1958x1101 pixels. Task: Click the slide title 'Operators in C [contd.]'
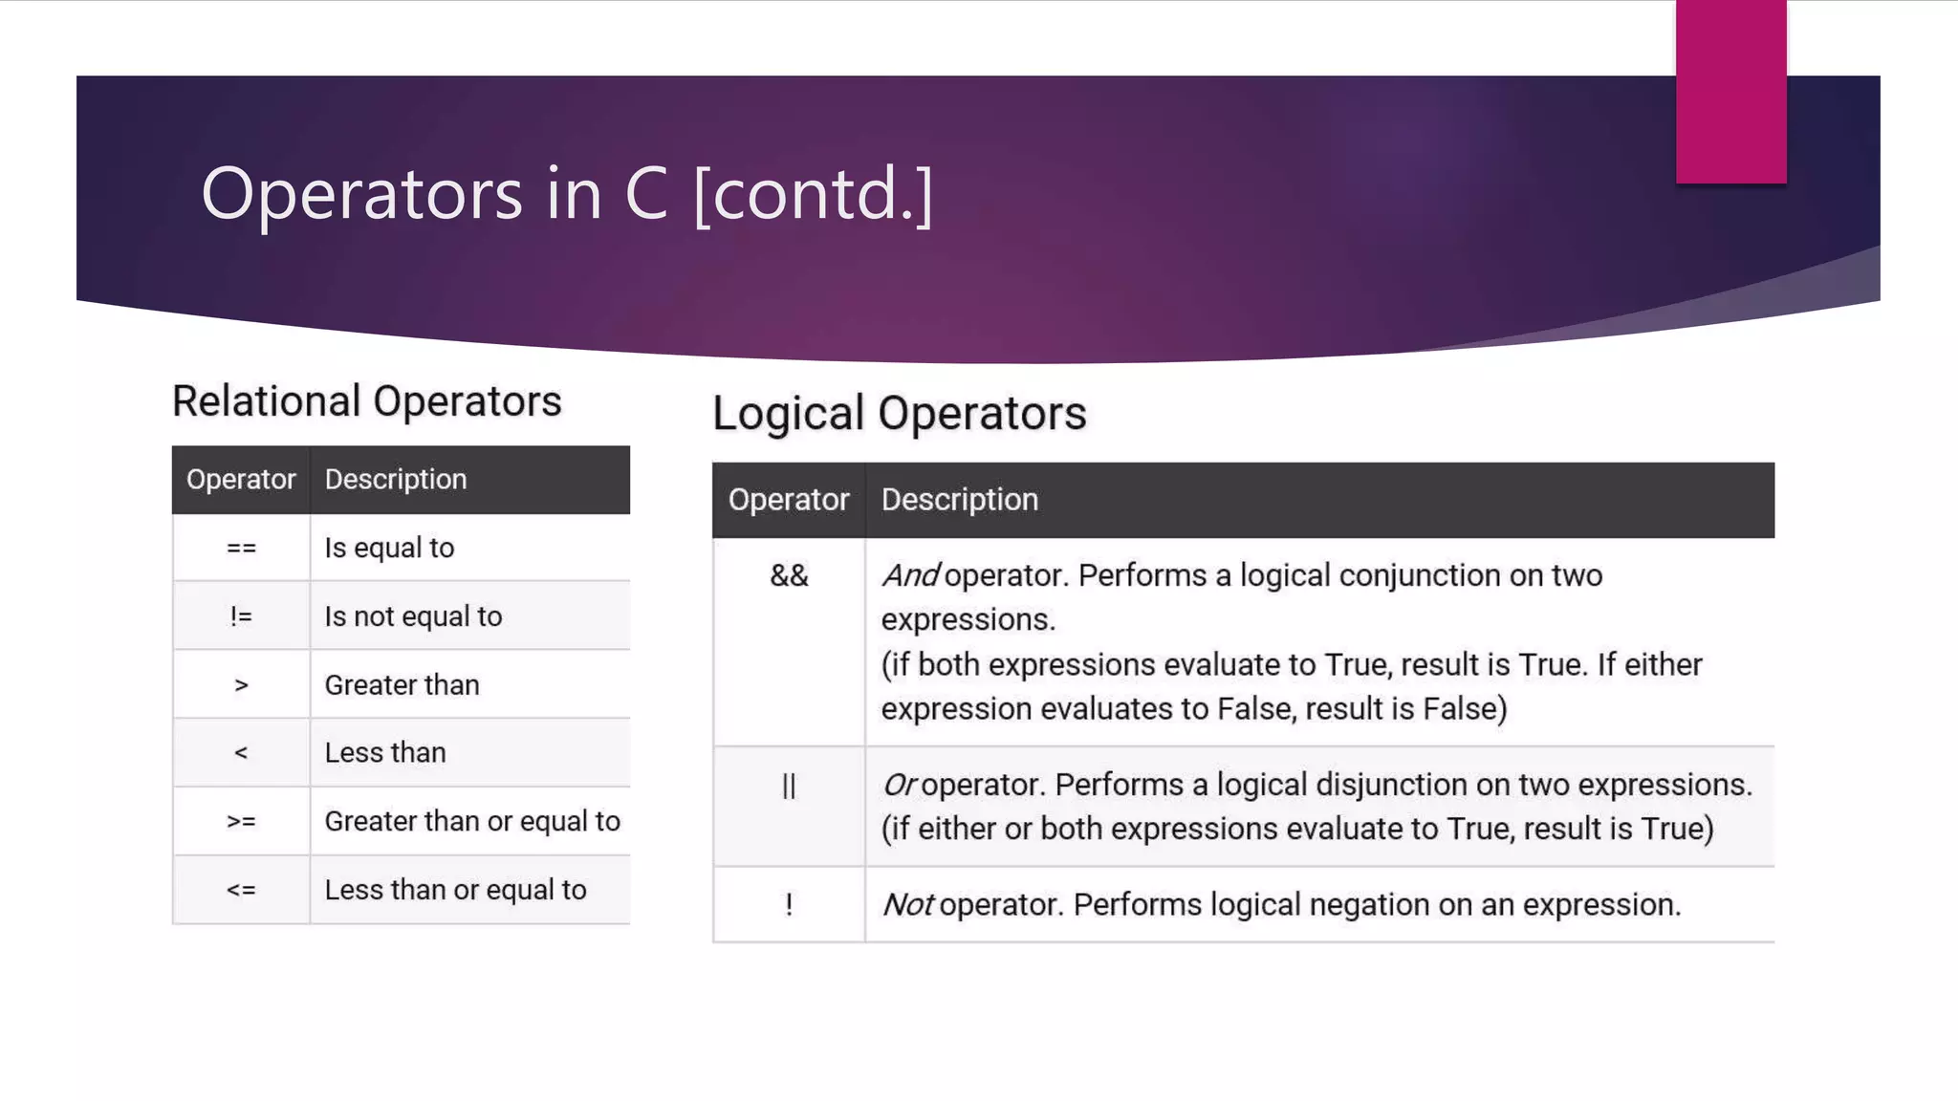click(x=566, y=194)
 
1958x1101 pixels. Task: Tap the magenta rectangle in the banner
click(x=1730, y=92)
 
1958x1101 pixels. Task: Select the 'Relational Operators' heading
click(x=367, y=401)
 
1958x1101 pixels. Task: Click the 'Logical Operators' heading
click(x=899, y=414)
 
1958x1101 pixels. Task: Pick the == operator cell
click(x=241, y=549)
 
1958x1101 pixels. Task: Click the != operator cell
click(x=241, y=616)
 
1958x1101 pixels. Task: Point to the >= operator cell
click(x=241, y=822)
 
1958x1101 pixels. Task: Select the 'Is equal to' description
click(x=389, y=549)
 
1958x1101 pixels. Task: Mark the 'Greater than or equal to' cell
click(x=472, y=822)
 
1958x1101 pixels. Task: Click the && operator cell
click(x=789, y=576)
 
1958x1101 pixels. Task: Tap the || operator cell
click(x=789, y=786)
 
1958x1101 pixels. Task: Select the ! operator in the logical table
click(x=789, y=904)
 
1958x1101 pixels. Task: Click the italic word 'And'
click(x=910, y=576)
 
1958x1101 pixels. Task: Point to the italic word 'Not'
click(x=907, y=905)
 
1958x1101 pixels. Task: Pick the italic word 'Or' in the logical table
click(x=899, y=786)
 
